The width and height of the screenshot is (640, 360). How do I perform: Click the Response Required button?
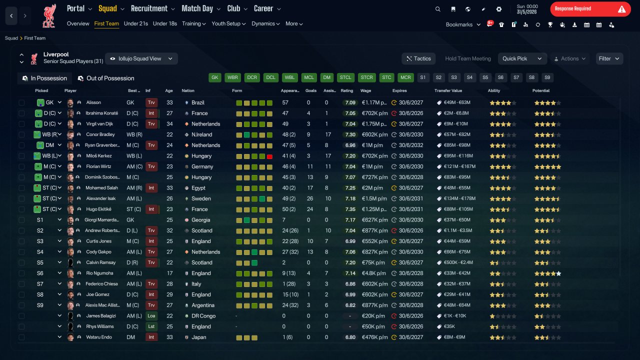590,9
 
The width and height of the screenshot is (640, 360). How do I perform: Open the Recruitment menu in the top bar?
152,9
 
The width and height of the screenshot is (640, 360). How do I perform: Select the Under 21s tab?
135,23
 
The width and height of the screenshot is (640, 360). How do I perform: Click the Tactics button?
418,58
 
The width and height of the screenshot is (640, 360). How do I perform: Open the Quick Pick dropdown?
522,58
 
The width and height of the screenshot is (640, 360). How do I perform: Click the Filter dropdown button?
609,58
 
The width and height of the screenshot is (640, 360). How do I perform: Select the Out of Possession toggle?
106,78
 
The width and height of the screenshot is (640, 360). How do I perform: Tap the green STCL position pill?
345,77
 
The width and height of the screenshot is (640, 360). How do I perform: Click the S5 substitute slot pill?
485,77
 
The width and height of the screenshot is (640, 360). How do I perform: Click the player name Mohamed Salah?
101,187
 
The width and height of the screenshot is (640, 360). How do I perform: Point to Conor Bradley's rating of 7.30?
350,134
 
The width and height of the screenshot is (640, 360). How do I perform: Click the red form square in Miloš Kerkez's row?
269,156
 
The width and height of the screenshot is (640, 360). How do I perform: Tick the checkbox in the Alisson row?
21,102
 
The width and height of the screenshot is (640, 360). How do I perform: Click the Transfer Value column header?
448,90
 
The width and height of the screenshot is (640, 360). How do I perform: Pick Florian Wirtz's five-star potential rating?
547,166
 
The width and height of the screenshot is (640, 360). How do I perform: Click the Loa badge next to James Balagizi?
151,315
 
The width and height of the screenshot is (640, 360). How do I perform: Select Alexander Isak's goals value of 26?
309,198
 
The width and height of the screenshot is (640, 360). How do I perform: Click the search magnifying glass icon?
437,9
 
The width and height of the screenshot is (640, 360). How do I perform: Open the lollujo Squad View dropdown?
141,58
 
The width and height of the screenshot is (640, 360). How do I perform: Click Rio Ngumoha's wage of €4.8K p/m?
373,273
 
